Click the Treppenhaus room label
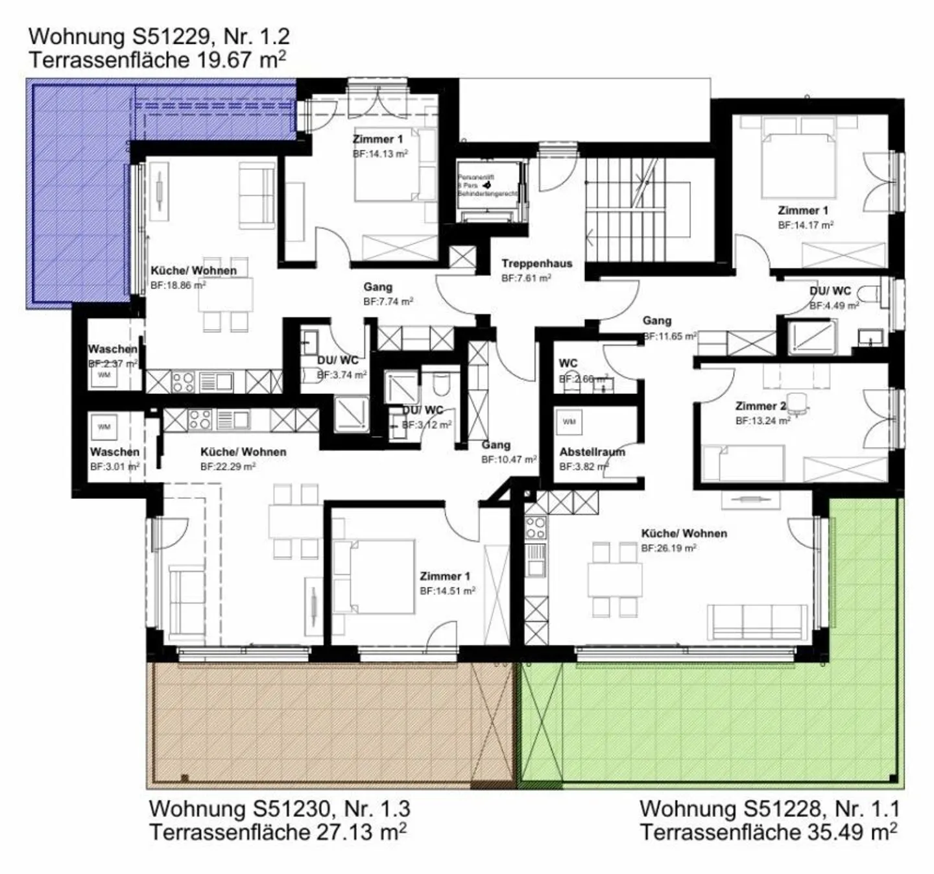point(536,263)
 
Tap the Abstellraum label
point(592,452)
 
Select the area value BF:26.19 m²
point(669,548)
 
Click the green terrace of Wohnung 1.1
point(713,720)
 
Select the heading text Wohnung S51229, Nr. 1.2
point(159,36)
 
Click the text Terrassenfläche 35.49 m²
point(769,832)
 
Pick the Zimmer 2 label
point(760,406)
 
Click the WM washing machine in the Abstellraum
point(569,422)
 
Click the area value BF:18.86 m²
point(178,285)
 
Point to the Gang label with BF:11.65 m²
point(656,321)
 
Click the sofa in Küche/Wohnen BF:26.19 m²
point(758,622)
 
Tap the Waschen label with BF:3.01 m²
point(114,452)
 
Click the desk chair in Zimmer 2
point(798,402)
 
